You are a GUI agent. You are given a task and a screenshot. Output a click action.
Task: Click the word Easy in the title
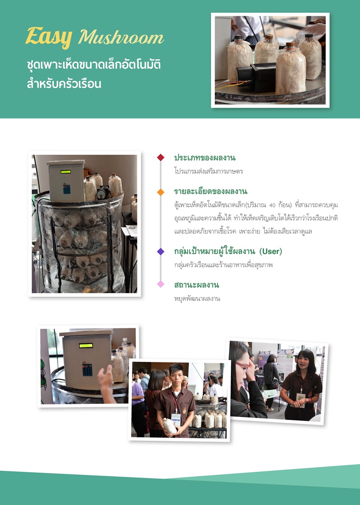pos(49,37)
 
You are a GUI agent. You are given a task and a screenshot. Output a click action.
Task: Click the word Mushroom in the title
pos(121,37)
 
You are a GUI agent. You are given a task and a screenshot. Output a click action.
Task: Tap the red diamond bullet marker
pos(161,157)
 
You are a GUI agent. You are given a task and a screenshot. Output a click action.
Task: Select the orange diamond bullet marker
pos(161,192)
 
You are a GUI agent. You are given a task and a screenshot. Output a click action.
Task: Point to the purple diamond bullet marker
pos(161,251)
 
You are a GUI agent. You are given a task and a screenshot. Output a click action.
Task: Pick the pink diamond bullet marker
pos(161,284)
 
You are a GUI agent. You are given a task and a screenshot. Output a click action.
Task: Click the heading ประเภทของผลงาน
pos(205,158)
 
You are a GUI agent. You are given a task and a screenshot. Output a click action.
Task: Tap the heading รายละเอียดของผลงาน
pos(211,192)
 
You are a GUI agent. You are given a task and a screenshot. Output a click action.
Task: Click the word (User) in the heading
pos(271,251)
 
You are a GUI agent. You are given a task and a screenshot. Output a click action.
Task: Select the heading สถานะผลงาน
pos(197,285)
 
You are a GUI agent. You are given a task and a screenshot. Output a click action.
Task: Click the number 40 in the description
pos(272,205)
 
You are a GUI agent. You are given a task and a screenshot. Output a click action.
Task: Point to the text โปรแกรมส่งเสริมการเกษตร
pos(208,171)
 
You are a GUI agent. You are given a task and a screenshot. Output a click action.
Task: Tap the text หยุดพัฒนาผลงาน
pos(197,299)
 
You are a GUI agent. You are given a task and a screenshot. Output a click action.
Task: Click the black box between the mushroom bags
pos(256,77)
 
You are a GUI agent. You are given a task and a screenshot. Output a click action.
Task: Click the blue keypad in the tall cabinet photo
pos(67,189)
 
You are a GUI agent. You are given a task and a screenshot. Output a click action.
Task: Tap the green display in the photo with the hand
pos(86,345)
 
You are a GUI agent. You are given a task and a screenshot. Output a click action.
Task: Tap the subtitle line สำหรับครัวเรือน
pos(64,84)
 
